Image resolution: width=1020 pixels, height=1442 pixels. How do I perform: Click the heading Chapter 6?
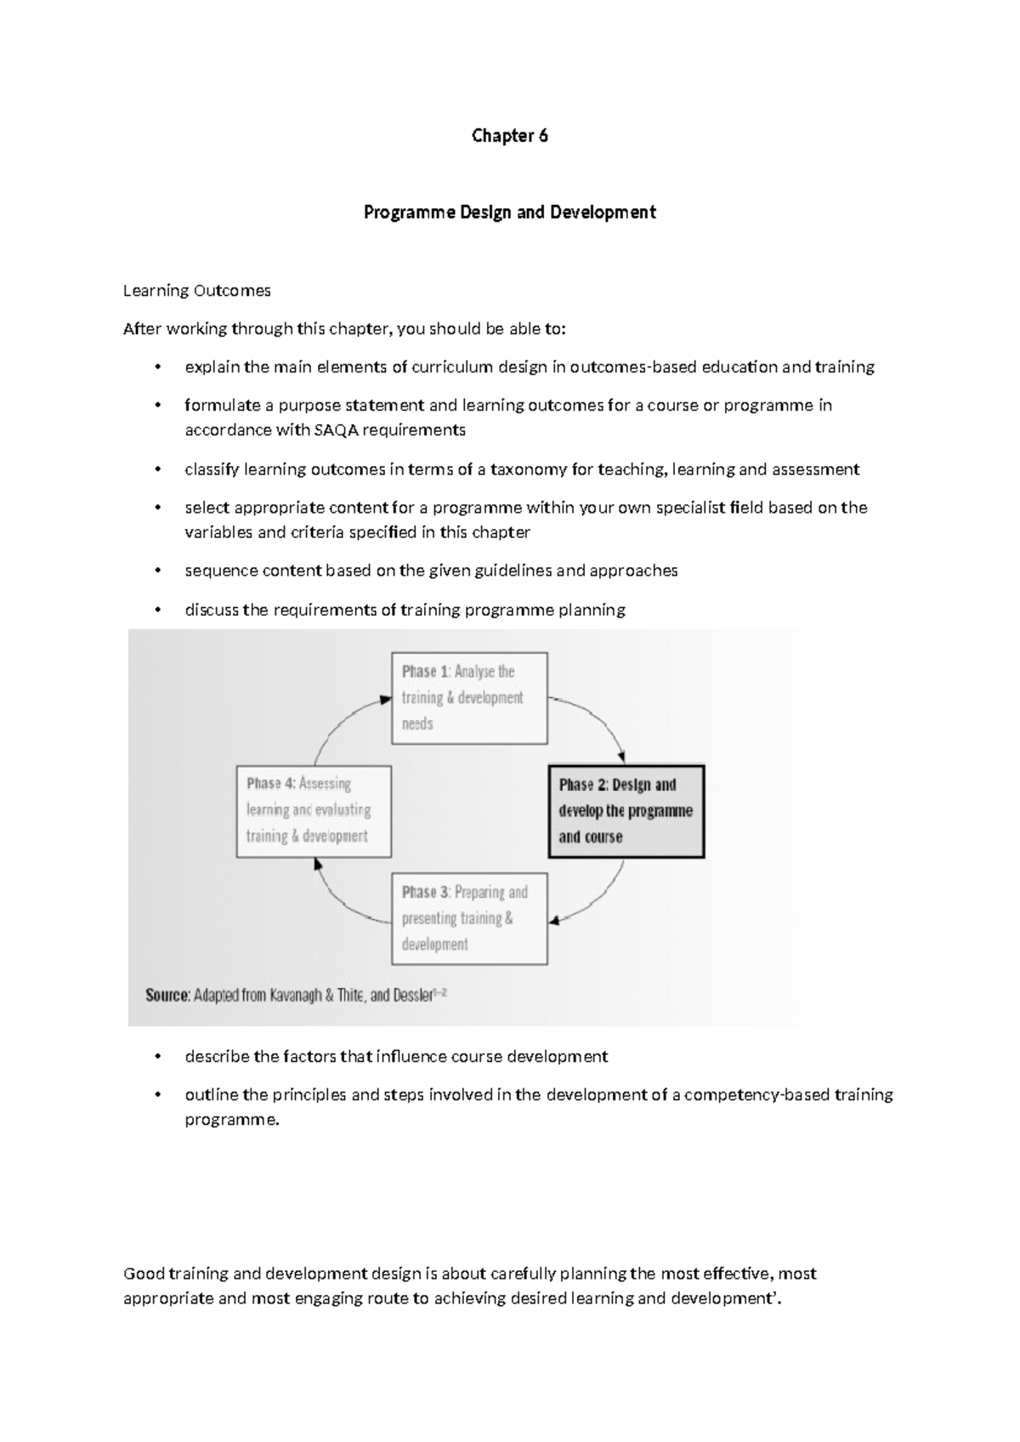[509, 136]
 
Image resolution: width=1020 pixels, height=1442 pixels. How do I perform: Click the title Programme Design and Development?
[509, 213]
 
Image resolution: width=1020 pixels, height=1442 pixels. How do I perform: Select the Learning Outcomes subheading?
[196, 291]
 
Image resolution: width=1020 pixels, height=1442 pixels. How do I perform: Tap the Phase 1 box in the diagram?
[469, 698]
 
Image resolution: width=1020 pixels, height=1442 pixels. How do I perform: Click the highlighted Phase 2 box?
[626, 811]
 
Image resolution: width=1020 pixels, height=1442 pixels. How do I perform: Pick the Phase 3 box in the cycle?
[469, 918]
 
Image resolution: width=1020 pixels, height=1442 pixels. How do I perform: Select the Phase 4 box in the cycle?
[314, 810]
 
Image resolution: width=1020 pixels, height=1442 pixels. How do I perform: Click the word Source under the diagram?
[167, 995]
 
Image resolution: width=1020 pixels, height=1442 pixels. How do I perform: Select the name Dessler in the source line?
[414, 995]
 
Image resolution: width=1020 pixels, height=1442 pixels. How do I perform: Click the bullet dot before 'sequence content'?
[156, 571]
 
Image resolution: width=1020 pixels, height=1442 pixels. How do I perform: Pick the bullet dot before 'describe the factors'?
[156, 1057]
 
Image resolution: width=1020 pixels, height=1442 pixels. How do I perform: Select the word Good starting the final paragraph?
[143, 1274]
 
